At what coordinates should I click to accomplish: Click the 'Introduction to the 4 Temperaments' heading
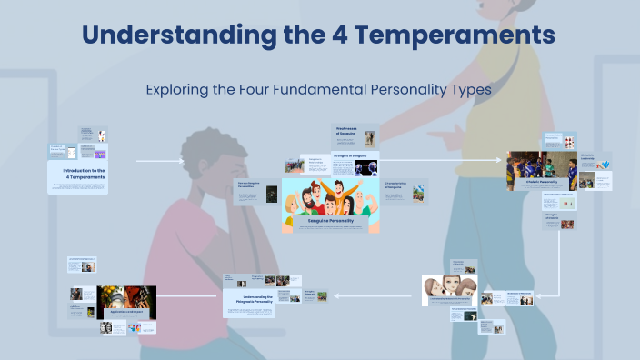tap(84, 173)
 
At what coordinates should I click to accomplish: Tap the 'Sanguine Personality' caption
tap(330, 220)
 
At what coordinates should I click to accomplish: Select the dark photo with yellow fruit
tap(126, 300)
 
